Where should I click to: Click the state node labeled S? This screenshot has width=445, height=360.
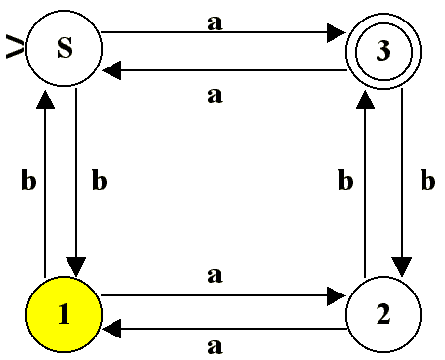coord(65,50)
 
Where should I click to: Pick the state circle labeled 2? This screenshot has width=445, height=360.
coord(382,315)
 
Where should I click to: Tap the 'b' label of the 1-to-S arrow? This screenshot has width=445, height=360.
coord(26,180)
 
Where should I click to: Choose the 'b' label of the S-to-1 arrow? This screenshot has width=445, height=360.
coord(97,180)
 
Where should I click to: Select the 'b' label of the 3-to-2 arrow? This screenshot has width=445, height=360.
coord(426,180)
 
